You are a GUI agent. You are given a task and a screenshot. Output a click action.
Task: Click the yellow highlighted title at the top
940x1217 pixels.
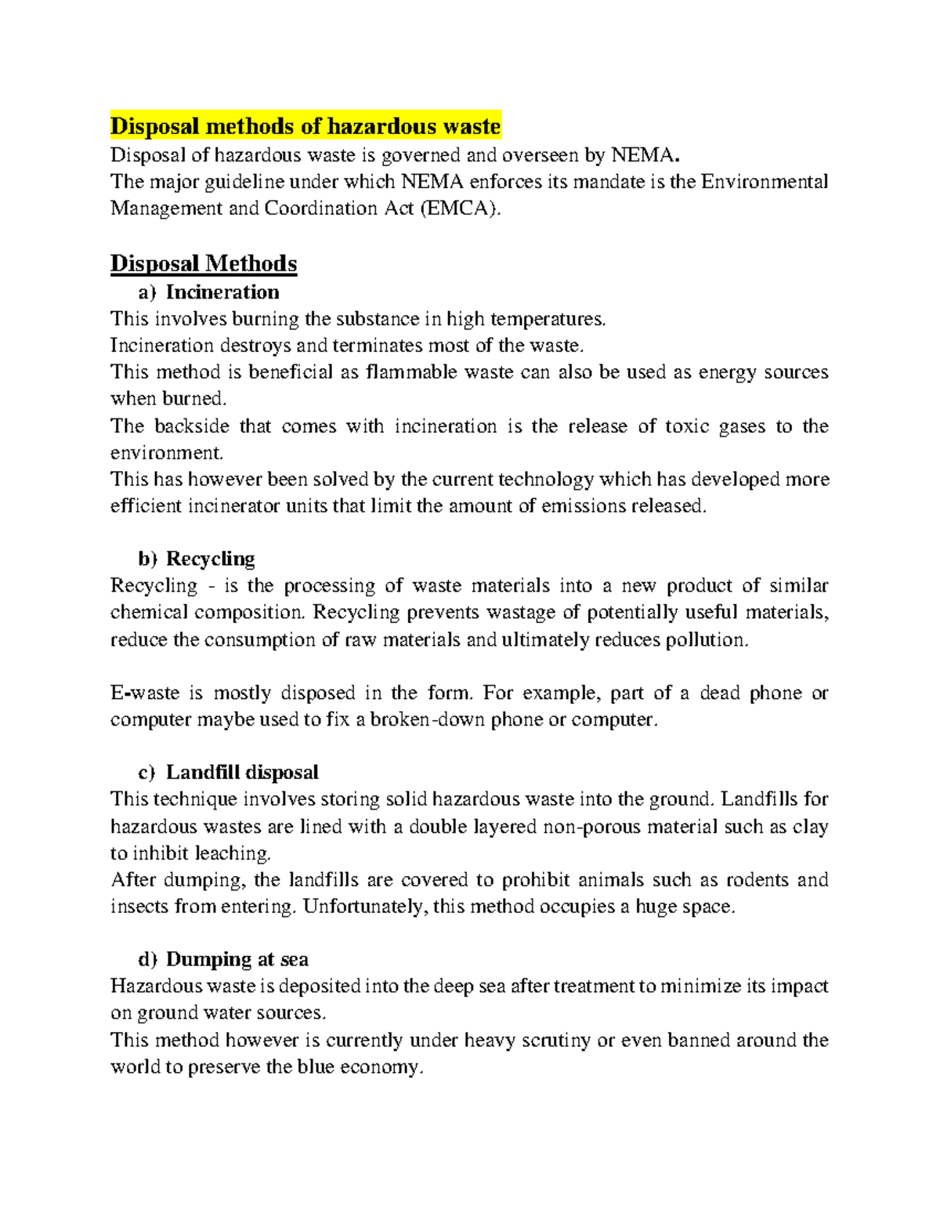pyautogui.click(x=305, y=126)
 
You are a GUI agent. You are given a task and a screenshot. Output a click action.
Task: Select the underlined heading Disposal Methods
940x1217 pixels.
pyautogui.click(x=204, y=263)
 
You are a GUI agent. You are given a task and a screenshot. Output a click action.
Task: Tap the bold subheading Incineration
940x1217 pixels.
pyautogui.click(x=222, y=292)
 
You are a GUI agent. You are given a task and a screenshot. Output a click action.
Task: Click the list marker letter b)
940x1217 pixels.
pyautogui.click(x=148, y=559)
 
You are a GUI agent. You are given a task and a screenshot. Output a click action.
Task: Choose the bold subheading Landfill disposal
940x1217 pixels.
pyautogui.click(x=242, y=773)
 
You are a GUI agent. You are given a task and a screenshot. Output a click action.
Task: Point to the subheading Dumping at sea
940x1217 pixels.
pyautogui.click(x=237, y=959)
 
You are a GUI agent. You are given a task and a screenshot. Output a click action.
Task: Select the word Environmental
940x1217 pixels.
pyautogui.click(x=765, y=182)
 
